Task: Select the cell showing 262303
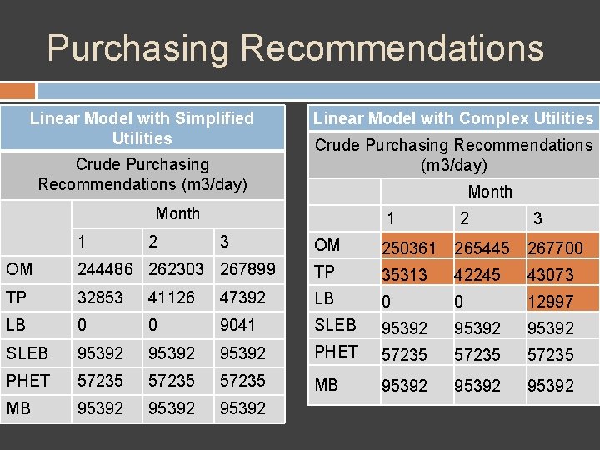[176, 270]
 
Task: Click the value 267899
[247, 270]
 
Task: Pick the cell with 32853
[100, 297]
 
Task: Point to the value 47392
[242, 297]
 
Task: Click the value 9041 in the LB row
[237, 325]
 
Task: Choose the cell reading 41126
[172, 297]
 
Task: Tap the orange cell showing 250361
[409, 247]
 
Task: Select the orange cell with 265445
[482, 247]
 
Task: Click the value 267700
[554, 247]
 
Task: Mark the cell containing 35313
[404, 274]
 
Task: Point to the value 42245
[477, 274]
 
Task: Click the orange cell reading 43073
[551, 274]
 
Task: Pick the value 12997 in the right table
[551, 301]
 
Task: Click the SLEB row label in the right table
[335, 325]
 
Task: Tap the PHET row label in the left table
[28, 381]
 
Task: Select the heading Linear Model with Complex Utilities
[453, 118]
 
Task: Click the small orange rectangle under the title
[17, 91]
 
